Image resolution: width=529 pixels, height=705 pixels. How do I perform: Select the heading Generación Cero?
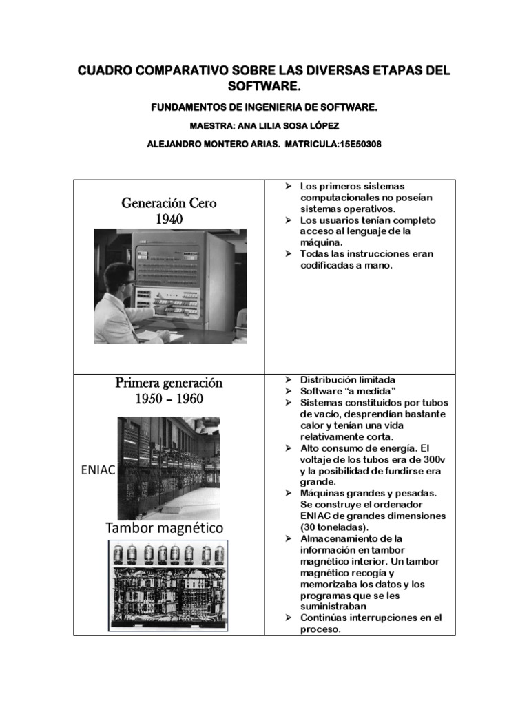pyautogui.click(x=169, y=203)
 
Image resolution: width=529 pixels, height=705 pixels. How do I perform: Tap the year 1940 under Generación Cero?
pyautogui.click(x=169, y=219)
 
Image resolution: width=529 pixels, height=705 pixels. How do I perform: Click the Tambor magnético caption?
pyautogui.click(x=164, y=528)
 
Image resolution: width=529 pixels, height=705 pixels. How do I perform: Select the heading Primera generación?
pyautogui.click(x=169, y=383)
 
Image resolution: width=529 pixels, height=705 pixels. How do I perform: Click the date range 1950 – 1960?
pyautogui.click(x=169, y=399)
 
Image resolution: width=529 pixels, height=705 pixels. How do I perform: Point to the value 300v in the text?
pyautogui.click(x=433, y=459)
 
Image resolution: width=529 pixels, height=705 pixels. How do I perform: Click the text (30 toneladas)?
pyautogui.click(x=338, y=527)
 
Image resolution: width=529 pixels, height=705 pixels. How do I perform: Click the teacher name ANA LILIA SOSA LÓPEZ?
pyautogui.click(x=283, y=126)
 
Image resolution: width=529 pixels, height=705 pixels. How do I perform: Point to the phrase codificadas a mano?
pyautogui.click(x=346, y=265)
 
